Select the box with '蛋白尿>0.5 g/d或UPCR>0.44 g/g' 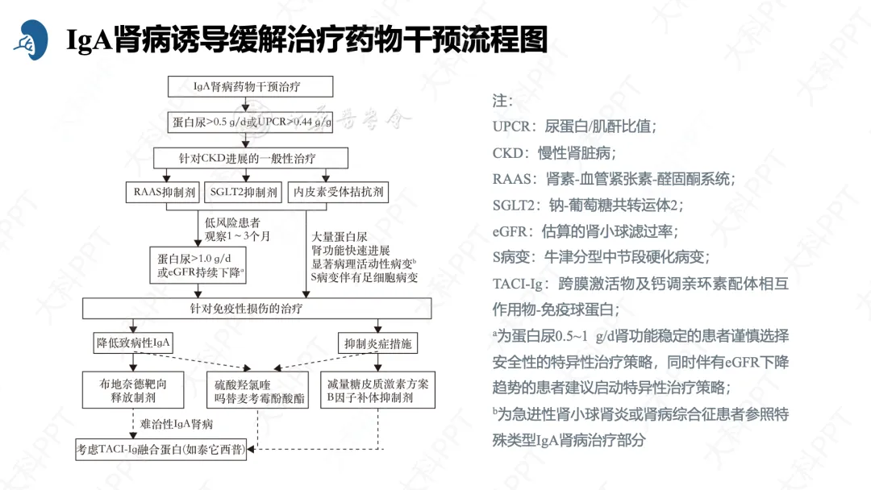click(252, 123)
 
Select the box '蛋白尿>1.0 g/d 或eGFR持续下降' click(201, 265)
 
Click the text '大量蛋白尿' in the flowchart click(340, 237)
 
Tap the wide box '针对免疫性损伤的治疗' click(257, 309)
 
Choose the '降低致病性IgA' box click(135, 344)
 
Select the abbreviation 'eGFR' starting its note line click(510, 231)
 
